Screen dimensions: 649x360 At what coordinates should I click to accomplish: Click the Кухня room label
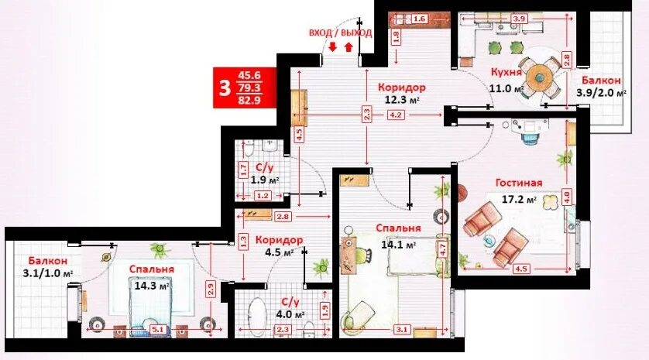(506, 72)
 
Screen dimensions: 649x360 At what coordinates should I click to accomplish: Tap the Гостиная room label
(519, 183)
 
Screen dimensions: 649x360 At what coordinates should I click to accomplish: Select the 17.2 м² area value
(519, 200)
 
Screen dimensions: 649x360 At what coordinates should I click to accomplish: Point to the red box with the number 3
(245, 87)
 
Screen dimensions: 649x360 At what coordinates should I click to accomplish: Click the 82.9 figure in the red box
(249, 100)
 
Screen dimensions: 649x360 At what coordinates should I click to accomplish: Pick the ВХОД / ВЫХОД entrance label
(341, 33)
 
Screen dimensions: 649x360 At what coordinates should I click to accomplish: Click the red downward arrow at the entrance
(333, 46)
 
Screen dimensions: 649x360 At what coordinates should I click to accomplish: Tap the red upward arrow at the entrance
(349, 46)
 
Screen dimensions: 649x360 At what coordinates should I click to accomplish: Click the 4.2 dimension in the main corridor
(395, 115)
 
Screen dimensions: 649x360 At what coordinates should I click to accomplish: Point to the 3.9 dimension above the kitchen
(519, 19)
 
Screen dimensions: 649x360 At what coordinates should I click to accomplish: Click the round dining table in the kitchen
(539, 77)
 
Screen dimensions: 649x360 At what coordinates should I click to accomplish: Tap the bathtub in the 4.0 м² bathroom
(257, 317)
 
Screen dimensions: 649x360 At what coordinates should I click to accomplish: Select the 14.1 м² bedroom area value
(399, 245)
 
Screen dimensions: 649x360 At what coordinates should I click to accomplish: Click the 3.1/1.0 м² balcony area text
(49, 273)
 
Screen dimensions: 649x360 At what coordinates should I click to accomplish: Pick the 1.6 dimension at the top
(419, 19)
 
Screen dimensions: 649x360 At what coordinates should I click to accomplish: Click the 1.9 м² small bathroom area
(265, 180)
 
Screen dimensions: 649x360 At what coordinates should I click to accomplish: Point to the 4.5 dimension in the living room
(520, 269)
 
